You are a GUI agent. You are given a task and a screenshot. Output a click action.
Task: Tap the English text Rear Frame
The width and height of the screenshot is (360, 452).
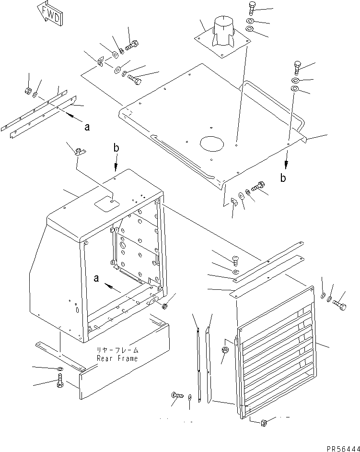click(117, 358)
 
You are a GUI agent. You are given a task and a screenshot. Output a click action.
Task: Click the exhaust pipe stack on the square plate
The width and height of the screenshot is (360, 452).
click(222, 31)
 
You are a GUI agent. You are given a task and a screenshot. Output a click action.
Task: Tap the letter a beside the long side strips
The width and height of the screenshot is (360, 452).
click(87, 127)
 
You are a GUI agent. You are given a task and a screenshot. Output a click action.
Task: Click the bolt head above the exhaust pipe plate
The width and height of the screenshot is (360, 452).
click(253, 9)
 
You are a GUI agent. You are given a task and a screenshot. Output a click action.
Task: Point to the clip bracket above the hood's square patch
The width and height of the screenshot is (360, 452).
click(79, 152)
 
